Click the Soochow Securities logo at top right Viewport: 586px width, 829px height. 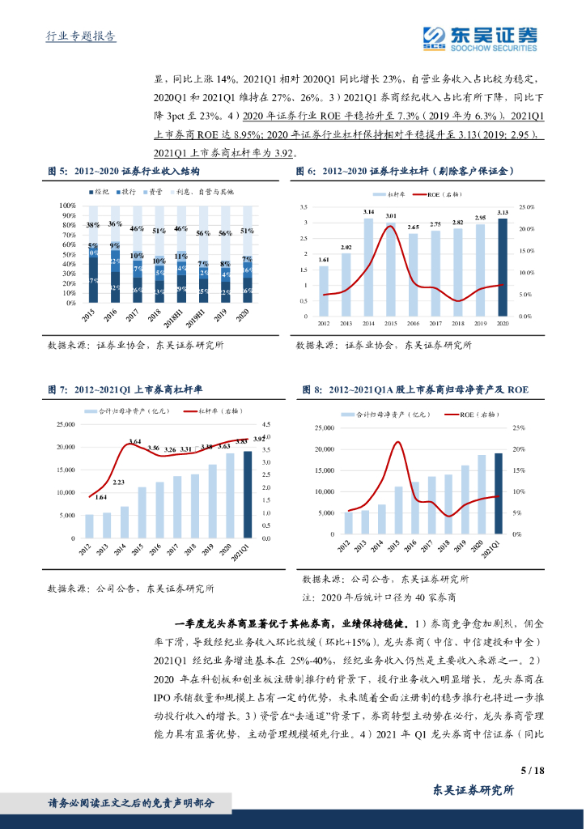[481, 37]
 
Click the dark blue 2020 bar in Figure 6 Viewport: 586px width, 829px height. [503, 267]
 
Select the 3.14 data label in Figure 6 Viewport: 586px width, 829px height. [368, 211]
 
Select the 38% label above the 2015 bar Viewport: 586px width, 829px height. [93, 224]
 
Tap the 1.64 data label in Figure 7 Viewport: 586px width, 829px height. [101, 497]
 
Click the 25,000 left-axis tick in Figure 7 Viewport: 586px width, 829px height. [62, 424]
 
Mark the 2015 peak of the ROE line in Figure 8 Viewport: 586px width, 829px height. [397, 442]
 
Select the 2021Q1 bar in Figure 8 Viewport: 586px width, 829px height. [498, 493]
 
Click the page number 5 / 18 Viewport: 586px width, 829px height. [530, 770]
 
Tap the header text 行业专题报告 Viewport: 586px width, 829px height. [77, 36]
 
